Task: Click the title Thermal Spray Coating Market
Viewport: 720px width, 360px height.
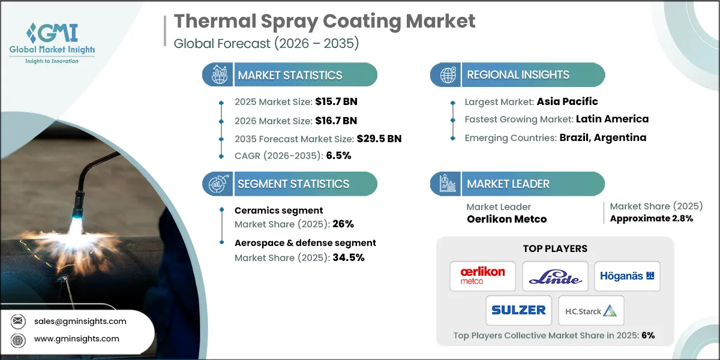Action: [324, 22]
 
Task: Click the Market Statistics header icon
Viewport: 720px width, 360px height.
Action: [218, 75]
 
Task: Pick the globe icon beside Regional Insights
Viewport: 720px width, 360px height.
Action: [448, 75]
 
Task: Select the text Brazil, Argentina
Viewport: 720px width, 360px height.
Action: [603, 137]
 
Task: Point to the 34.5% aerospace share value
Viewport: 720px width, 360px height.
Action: [347, 257]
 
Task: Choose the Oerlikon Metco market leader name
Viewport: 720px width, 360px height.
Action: [506, 219]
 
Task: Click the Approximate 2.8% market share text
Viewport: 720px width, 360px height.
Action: [651, 218]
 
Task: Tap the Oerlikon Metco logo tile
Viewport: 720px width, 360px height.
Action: [483, 276]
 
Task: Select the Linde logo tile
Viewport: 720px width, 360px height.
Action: [555, 276]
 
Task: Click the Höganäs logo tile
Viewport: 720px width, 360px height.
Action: [627, 276]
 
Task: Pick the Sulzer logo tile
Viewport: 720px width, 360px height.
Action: [519, 310]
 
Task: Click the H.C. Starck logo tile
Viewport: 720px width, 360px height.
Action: [591, 310]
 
